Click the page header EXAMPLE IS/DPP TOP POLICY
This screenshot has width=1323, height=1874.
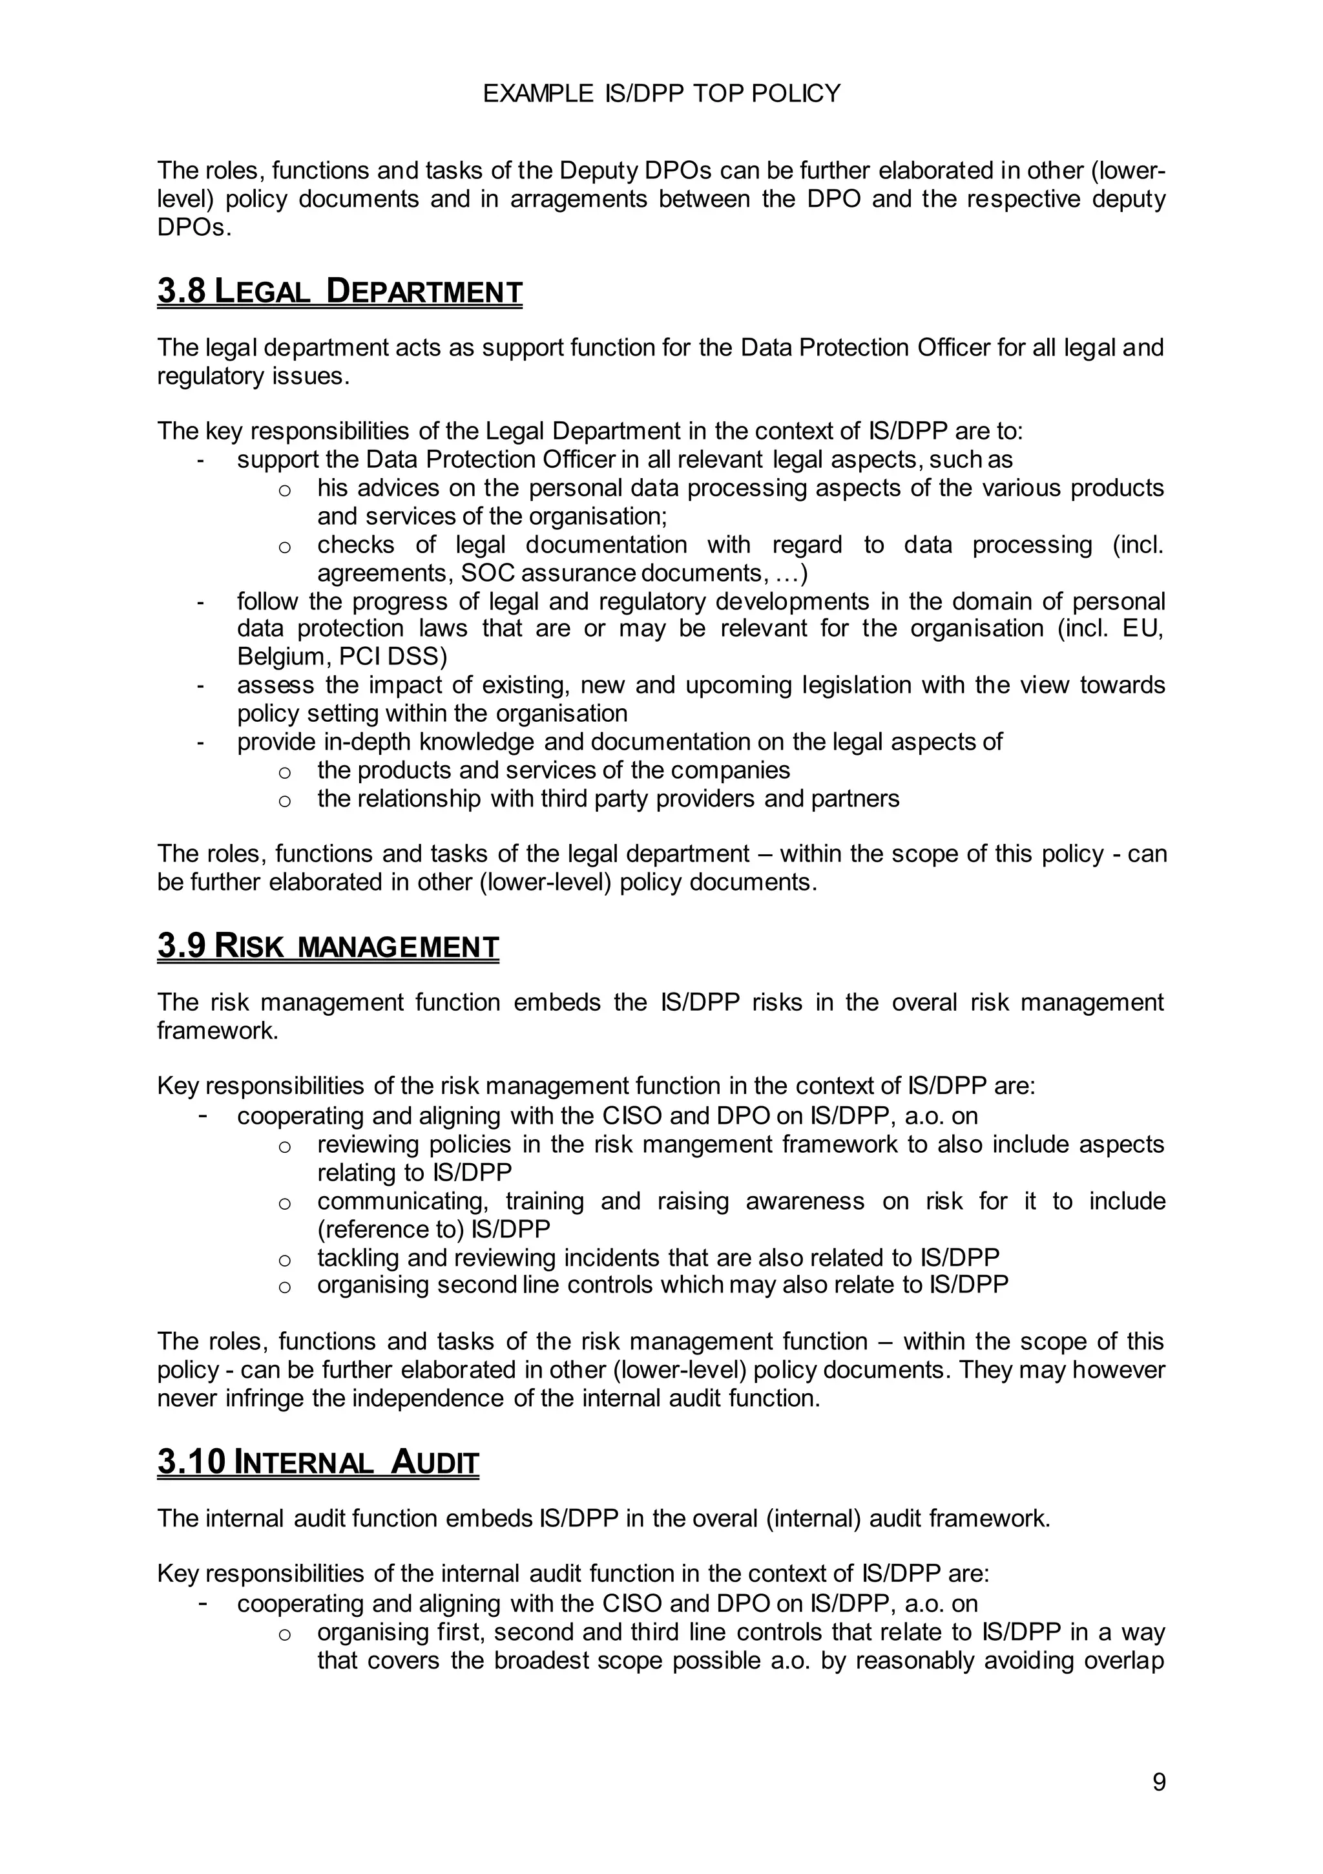tap(661, 94)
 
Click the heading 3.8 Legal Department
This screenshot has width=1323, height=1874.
tap(340, 292)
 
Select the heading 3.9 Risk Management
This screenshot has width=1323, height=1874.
tap(328, 947)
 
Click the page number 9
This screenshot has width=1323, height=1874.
tap(1158, 1783)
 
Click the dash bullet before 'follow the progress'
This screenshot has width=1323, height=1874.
tap(200, 602)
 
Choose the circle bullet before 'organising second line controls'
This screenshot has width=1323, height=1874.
tap(284, 1287)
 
